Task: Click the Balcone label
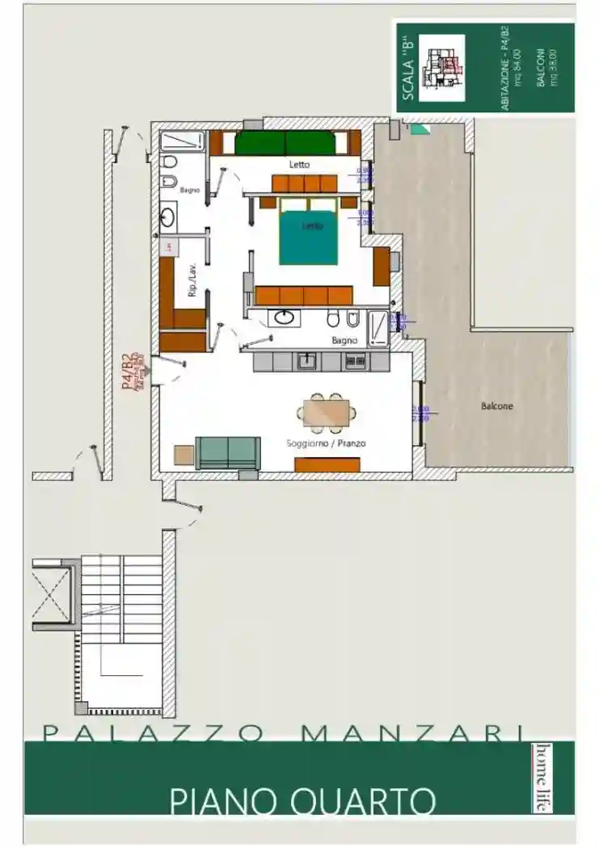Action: (496, 406)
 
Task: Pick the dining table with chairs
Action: (326, 413)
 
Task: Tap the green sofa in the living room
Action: (229, 453)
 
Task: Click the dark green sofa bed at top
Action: (285, 143)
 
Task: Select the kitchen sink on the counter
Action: (307, 360)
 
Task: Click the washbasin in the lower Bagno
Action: (284, 317)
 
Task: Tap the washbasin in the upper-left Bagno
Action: (169, 216)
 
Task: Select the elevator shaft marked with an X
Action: (50, 594)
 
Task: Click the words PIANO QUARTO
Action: (302, 801)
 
